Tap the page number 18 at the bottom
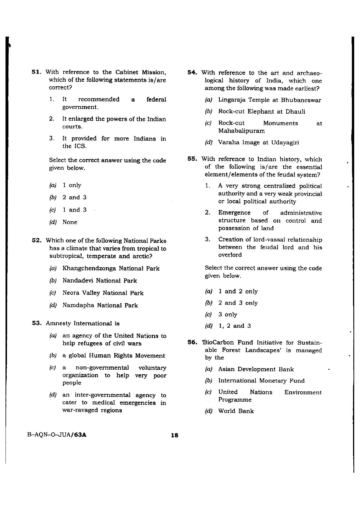point(174,435)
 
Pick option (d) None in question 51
point(70,222)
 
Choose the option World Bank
point(236,411)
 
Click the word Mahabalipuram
point(241,131)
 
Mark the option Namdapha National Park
point(100,305)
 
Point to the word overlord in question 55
point(230,255)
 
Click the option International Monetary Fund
point(261,381)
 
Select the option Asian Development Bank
point(256,369)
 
